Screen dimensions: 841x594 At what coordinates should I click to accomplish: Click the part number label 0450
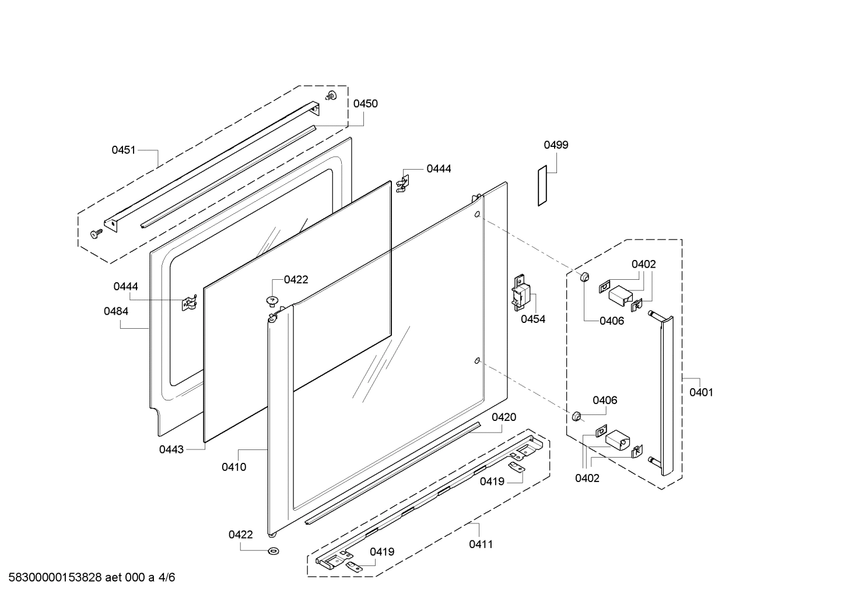[365, 104]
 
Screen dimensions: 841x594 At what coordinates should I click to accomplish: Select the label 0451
[124, 150]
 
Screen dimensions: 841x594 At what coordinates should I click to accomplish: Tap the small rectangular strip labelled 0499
[542, 185]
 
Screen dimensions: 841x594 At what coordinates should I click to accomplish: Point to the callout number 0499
[556, 145]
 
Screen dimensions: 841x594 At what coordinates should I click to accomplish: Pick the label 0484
[116, 311]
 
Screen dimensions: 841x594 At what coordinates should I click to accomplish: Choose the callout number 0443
[171, 449]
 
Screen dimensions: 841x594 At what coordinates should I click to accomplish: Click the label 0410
[234, 467]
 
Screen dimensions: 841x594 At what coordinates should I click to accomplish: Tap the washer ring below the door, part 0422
[274, 551]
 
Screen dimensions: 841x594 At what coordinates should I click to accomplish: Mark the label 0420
[504, 417]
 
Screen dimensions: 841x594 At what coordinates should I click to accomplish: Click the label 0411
[481, 544]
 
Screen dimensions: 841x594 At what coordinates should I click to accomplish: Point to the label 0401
[701, 392]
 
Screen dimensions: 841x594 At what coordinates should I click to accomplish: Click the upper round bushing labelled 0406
[584, 277]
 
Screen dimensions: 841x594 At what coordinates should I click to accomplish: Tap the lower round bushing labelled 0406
[576, 416]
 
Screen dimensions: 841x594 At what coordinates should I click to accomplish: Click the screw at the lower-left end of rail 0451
[96, 233]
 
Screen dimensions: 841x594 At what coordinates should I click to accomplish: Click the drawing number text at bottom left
[92, 577]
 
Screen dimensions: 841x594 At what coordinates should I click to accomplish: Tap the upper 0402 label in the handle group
[643, 264]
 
